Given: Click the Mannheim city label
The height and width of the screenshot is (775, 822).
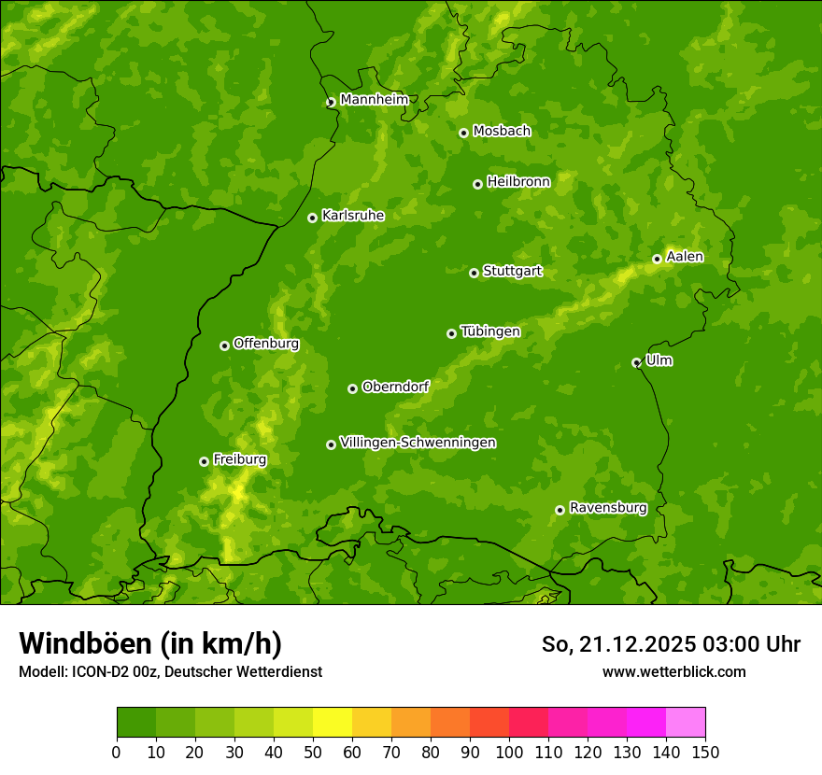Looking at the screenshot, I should (x=374, y=99).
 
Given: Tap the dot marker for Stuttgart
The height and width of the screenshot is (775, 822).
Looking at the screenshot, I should (x=474, y=273).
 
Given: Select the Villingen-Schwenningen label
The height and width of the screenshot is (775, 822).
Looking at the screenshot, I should (x=418, y=443).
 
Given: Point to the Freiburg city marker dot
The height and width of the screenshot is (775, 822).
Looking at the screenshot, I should (x=204, y=461).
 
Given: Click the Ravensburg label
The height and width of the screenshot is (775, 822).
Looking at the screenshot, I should (x=607, y=508).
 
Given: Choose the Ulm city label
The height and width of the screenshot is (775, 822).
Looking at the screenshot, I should (x=659, y=360).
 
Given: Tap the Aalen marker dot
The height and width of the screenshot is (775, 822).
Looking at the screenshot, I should (x=657, y=259).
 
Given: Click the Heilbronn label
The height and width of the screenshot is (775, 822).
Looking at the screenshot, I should (x=518, y=182).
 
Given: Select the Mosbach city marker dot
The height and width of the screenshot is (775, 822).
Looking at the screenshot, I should (x=463, y=133).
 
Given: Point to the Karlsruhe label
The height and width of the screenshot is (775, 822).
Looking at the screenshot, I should (x=352, y=216).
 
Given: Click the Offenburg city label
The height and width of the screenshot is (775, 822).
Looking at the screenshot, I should (x=265, y=344).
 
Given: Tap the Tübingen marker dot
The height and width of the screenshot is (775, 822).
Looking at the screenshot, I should (x=451, y=333).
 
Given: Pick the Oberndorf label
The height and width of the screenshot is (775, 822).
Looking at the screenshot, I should (x=395, y=387).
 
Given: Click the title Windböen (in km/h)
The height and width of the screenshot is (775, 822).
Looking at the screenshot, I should (x=150, y=643).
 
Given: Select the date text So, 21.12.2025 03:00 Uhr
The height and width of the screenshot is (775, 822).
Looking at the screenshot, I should (x=671, y=644).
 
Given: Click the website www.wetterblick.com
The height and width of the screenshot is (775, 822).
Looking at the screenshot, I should (x=673, y=671).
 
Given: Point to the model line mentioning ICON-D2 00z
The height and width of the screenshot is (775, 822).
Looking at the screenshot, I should (x=170, y=671).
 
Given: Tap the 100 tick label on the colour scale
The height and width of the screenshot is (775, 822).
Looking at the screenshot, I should (x=509, y=752).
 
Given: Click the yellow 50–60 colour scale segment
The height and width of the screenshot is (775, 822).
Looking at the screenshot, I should (x=333, y=723).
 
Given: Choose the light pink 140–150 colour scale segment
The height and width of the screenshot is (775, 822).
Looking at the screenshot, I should (x=686, y=723).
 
